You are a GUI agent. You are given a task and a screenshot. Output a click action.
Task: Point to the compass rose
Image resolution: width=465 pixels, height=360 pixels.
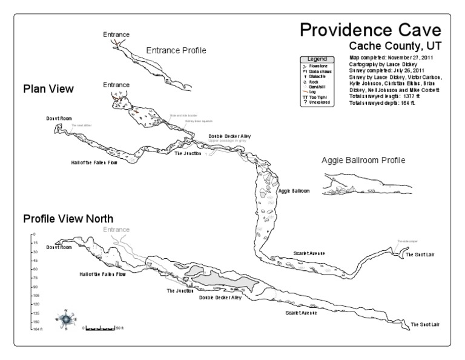(65, 318)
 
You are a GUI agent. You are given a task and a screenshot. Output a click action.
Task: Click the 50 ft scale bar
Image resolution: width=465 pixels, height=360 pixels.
(101, 327)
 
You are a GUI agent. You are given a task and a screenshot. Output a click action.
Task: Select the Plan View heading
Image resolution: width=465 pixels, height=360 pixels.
(48, 89)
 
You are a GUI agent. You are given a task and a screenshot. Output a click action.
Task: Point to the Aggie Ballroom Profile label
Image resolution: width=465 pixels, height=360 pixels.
(363, 161)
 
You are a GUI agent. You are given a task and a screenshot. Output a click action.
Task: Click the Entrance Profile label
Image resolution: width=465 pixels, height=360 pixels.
(176, 50)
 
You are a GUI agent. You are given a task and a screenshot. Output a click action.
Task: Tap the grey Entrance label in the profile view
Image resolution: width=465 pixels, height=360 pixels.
(116, 230)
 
